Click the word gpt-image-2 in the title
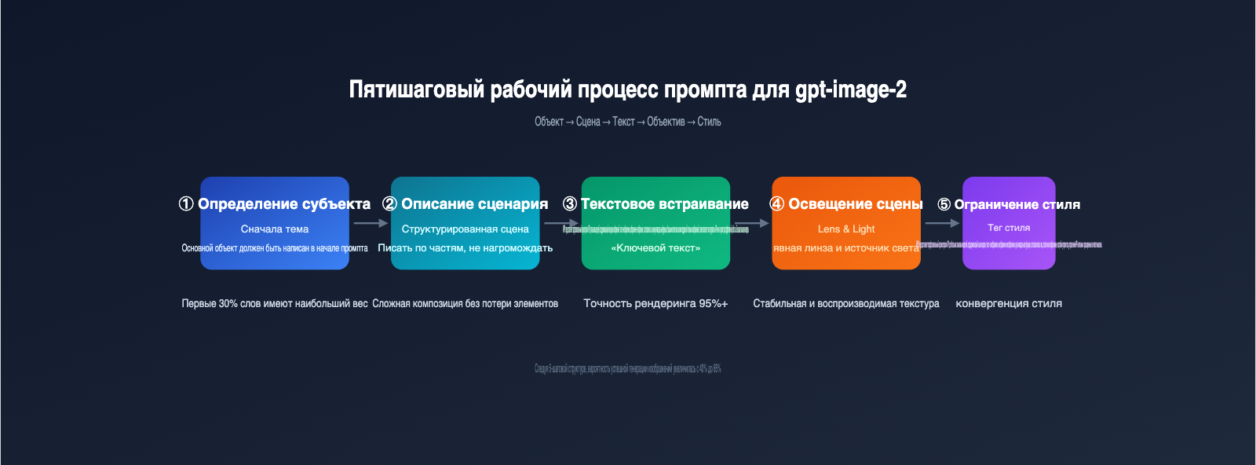click(x=851, y=90)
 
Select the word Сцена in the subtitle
click(x=588, y=122)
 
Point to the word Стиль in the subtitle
click(x=709, y=122)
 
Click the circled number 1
click(x=186, y=204)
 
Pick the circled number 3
click(x=570, y=204)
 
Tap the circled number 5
click(x=944, y=205)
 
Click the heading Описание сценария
click(x=474, y=204)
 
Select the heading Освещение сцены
click(x=855, y=204)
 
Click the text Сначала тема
click(x=275, y=229)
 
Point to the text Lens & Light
click(x=846, y=229)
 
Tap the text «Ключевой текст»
click(x=655, y=248)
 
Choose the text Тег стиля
click(x=1009, y=228)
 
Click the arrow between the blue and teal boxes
click(x=371, y=223)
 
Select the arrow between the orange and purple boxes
click(x=942, y=223)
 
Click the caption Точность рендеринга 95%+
click(x=655, y=304)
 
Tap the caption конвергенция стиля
click(x=1009, y=304)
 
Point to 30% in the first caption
click(x=228, y=304)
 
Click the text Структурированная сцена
click(x=465, y=229)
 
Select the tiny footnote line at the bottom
click(x=628, y=368)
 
